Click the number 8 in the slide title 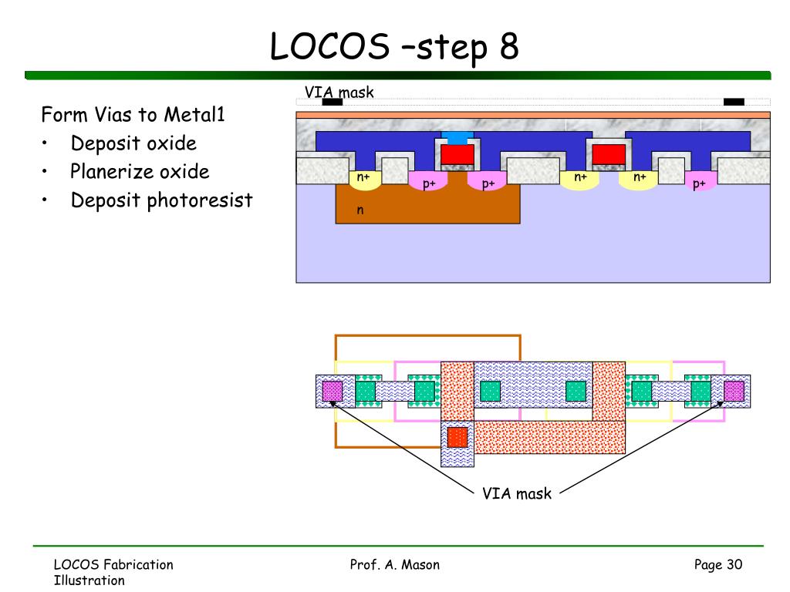coord(509,45)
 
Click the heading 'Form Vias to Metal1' coord(133,114)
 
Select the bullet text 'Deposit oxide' coord(133,143)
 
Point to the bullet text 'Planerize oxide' coord(140,171)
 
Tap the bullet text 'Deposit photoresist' coord(161,200)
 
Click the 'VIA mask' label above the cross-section coord(339,92)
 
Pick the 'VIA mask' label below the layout coord(517,493)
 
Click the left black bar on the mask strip coord(332,102)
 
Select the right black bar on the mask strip coord(734,102)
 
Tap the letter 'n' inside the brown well coord(360,210)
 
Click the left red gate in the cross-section coord(457,154)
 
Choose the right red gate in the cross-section coord(609,154)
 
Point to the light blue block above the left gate coord(457,138)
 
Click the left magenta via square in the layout coord(332,391)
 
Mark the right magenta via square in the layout coord(734,391)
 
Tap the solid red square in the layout coord(457,438)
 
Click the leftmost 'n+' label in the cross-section coord(363,177)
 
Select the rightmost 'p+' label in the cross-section coord(699,184)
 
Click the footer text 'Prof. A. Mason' coord(394,565)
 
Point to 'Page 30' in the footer coord(718,565)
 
